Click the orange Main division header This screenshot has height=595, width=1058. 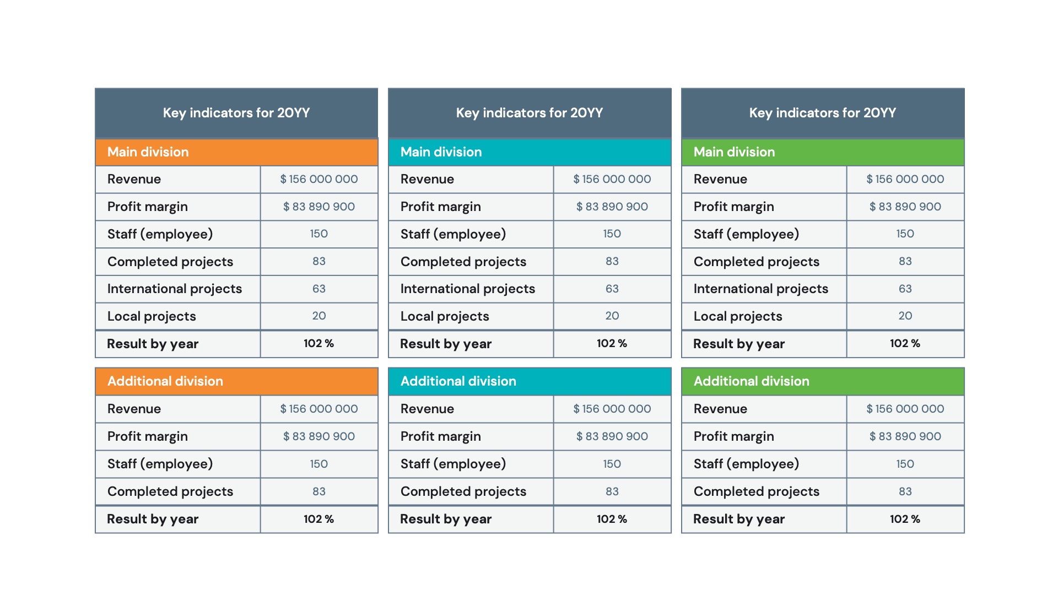[x=236, y=152]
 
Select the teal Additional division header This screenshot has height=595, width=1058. [x=530, y=381]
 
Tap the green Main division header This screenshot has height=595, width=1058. [x=823, y=152]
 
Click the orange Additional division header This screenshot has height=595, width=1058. [x=236, y=381]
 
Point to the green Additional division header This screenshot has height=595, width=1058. [x=823, y=381]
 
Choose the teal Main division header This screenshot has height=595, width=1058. [x=530, y=152]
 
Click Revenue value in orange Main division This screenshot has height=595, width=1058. [x=319, y=179]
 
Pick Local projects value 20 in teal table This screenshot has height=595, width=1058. [x=612, y=316]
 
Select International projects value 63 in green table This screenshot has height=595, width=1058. [x=905, y=289]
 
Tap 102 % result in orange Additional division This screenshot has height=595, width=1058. [x=319, y=519]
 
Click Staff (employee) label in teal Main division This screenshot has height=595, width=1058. [x=453, y=234]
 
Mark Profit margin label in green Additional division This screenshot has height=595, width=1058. [x=733, y=436]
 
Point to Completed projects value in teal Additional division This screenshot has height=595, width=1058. [x=612, y=491]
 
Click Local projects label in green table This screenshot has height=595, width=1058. [x=738, y=316]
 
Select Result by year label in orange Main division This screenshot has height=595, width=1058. [x=153, y=344]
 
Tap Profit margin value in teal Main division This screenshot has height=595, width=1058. [x=612, y=207]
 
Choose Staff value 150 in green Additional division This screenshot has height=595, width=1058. [x=905, y=464]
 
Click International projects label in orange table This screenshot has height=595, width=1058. [x=175, y=289]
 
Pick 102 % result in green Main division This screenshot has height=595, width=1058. [x=905, y=343]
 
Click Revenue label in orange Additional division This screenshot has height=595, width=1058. [x=134, y=409]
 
